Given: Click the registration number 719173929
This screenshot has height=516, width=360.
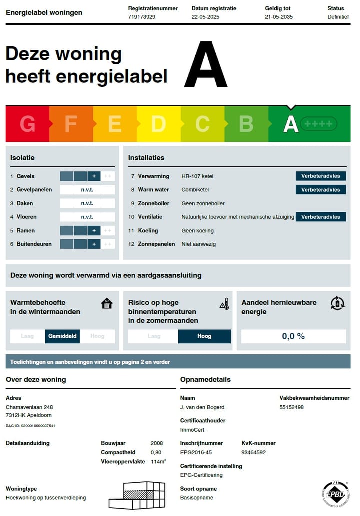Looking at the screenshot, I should coord(141,17).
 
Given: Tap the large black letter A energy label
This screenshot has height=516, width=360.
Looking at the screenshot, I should coord(205,65).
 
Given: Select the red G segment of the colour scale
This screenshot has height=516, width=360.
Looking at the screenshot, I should coord(27,124).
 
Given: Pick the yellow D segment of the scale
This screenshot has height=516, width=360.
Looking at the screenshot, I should coord(158,124).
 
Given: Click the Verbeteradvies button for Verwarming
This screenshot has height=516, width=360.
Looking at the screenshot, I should coord(320,176).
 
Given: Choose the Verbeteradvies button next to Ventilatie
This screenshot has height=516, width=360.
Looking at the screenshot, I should coord(320,217).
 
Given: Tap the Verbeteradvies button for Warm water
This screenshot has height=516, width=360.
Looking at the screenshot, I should coord(320,190).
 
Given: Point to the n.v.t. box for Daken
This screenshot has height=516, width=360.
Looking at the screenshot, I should coord(87,203).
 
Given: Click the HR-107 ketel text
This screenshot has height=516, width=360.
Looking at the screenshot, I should coord(198,176).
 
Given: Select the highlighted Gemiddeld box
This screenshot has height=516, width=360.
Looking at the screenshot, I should coord(62,336).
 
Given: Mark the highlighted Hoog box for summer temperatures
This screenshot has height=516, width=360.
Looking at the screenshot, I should coord(204,336).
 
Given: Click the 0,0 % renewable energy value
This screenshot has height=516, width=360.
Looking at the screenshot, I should coord(293,336).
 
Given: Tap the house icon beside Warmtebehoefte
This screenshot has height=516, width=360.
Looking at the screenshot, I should coord(107,303).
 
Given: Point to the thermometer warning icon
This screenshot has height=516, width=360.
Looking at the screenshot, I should coord(224,304).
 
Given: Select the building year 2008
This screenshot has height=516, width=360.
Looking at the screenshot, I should coord(157,443).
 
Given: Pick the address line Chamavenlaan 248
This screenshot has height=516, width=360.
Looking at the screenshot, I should coord(29,407).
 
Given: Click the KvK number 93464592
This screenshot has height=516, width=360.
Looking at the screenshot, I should coord(253,452).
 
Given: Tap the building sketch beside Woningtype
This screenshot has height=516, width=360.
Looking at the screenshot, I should coord(137,495).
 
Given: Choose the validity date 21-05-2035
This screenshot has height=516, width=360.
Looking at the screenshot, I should coord(279,17).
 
